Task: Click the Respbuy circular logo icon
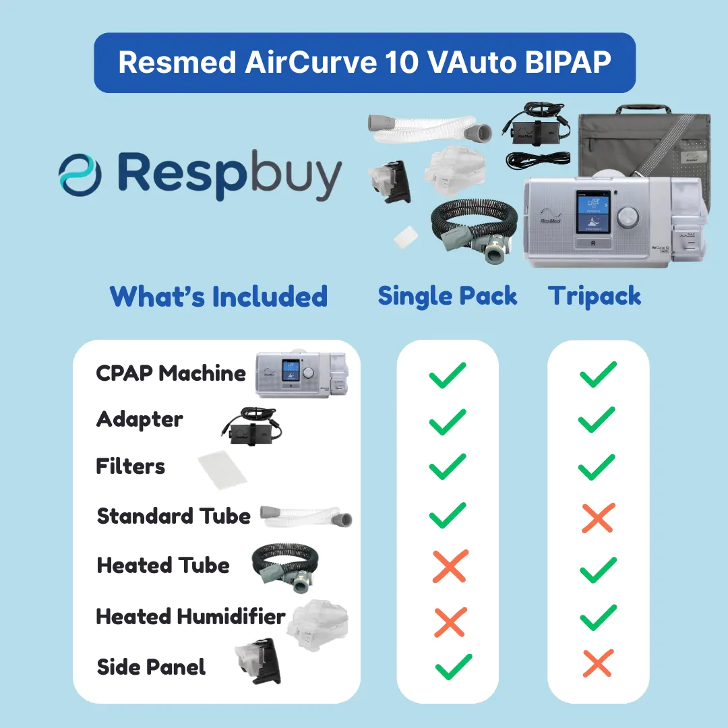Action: (x=80, y=175)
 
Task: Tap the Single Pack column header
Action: (x=447, y=296)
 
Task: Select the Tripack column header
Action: (x=595, y=296)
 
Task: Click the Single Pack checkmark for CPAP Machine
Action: (x=448, y=375)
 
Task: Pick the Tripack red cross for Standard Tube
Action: (x=599, y=518)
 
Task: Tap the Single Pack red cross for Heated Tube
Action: (x=450, y=566)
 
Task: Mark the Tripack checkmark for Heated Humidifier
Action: (x=599, y=617)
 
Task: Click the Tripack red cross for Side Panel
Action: (x=598, y=663)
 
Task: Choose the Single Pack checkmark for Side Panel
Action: (x=454, y=667)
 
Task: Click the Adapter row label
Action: (x=140, y=420)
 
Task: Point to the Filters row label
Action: (x=131, y=466)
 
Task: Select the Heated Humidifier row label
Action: (x=190, y=617)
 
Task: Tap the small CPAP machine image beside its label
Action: (x=301, y=373)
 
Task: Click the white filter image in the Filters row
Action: (x=222, y=469)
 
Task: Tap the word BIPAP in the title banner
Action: (x=568, y=62)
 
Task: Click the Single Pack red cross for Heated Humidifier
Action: (x=450, y=622)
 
